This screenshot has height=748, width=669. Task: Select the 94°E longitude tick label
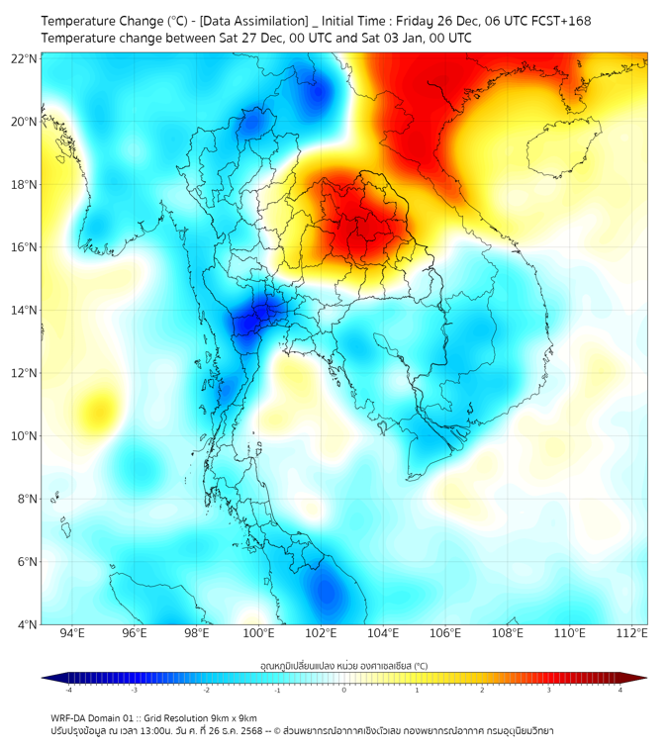click(72, 633)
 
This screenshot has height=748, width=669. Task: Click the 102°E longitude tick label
click(321, 633)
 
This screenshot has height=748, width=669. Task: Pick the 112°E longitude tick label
click(631, 633)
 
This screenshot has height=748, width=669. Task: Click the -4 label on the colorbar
click(68, 690)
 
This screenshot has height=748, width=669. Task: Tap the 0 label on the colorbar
click(344, 690)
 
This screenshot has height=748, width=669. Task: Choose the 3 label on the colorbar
click(551, 690)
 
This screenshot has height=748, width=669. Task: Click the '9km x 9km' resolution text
click(234, 717)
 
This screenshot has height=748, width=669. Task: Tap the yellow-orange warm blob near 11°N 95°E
click(98, 407)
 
